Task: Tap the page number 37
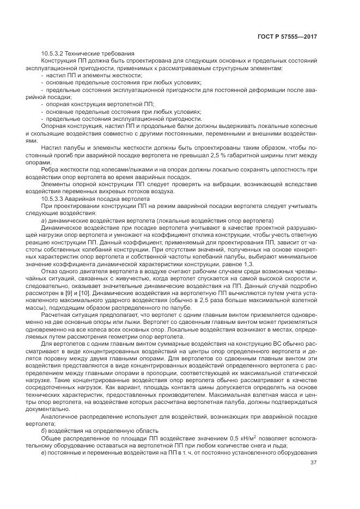(313, 463)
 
